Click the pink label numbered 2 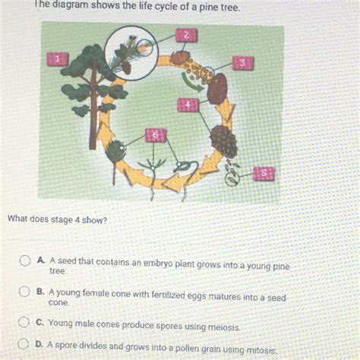coord(185,35)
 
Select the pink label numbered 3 coord(242,64)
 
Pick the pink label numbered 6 coord(155,134)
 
